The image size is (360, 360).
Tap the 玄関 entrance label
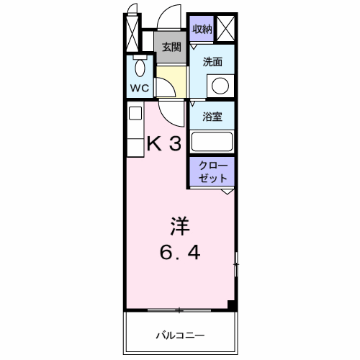pyautogui.click(x=171, y=48)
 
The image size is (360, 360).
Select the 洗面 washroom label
pyautogui.click(x=212, y=63)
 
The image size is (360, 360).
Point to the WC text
pyautogui.click(x=139, y=89)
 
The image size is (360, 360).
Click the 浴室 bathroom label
pyautogui.click(x=212, y=115)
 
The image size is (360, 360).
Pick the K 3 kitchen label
pyautogui.click(x=164, y=143)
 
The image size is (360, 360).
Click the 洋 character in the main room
pyautogui.click(x=180, y=225)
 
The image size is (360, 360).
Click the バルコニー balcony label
pyautogui.click(x=181, y=336)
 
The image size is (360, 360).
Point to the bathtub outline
pyautogui.click(x=212, y=141)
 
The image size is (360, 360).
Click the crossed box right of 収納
pyautogui.click(x=225, y=30)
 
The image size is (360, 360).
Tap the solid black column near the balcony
pyautogui.click(x=232, y=305)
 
